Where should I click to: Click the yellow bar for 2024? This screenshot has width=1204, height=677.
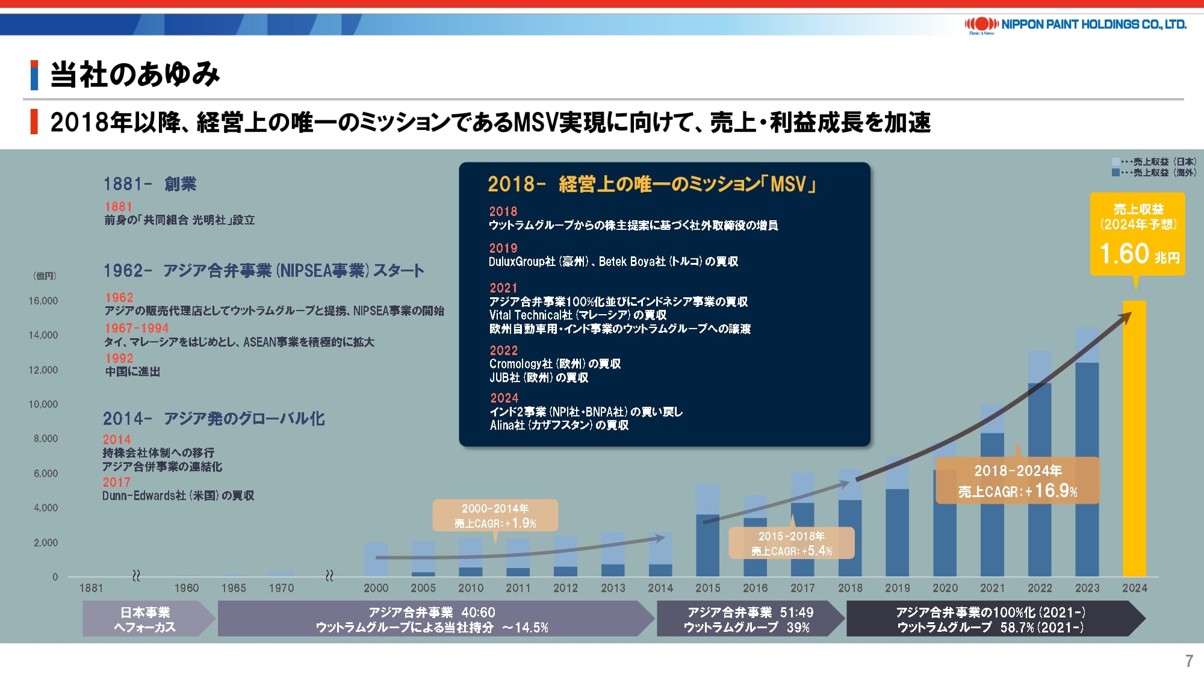coord(1134,438)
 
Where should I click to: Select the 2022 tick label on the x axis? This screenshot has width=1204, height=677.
coord(1040,588)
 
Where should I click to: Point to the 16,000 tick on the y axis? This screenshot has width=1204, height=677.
coord(43,301)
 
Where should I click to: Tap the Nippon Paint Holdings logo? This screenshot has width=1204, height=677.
coord(1075,25)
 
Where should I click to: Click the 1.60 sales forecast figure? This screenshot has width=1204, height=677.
coord(1124,253)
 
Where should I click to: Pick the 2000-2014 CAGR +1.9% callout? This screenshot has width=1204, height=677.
coord(495,516)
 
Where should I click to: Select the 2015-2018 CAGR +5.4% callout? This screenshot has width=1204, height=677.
coord(792,543)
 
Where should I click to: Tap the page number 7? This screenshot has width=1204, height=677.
coord(1189,661)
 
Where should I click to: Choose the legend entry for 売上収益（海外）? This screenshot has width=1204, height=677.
coord(1154,173)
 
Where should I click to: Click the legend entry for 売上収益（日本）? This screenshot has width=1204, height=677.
coord(1154,162)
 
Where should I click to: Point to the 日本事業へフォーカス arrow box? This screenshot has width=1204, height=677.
coord(148,619)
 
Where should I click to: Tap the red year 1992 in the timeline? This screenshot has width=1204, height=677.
coord(119,358)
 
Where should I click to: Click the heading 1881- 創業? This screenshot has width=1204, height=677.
coord(150,184)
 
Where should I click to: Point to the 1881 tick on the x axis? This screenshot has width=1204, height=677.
coord(91,588)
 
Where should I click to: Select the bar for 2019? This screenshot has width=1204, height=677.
coord(897,517)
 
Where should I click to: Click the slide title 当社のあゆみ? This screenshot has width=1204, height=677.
coord(135,75)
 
